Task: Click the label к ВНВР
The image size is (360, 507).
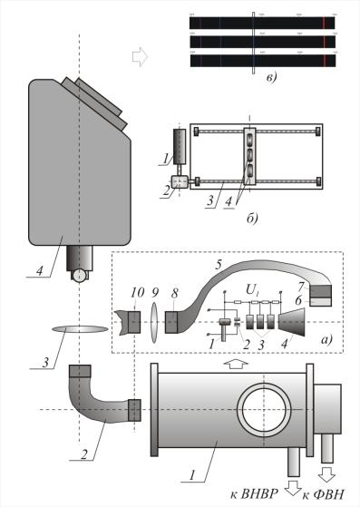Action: (254, 494)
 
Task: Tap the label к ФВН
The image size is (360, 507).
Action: (323, 494)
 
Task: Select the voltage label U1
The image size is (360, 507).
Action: (251, 291)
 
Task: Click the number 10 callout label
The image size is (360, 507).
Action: (137, 293)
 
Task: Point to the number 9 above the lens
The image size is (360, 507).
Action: (155, 293)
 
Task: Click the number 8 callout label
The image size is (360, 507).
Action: (175, 293)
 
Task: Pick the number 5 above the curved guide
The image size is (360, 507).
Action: (219, 264)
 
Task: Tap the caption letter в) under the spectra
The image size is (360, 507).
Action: (271, 78)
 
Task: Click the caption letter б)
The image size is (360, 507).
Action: (252, 219)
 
